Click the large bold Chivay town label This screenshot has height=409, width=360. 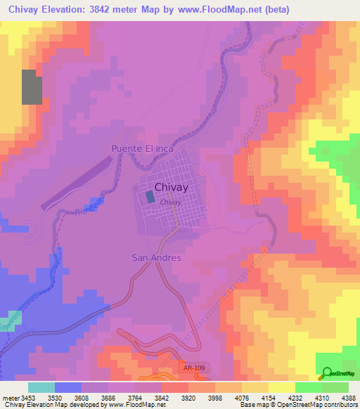click(x=171, y=188)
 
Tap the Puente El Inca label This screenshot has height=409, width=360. click(x=140, y=149)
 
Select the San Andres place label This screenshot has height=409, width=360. click(x=156, y=258)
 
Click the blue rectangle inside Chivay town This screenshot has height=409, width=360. click(x=151, y=197)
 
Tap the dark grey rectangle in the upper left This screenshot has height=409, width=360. click(x=32, y=87)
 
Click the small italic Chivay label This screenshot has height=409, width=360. click(x=171, y=202)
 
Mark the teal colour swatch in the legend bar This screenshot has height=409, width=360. click(x=41, y=387)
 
